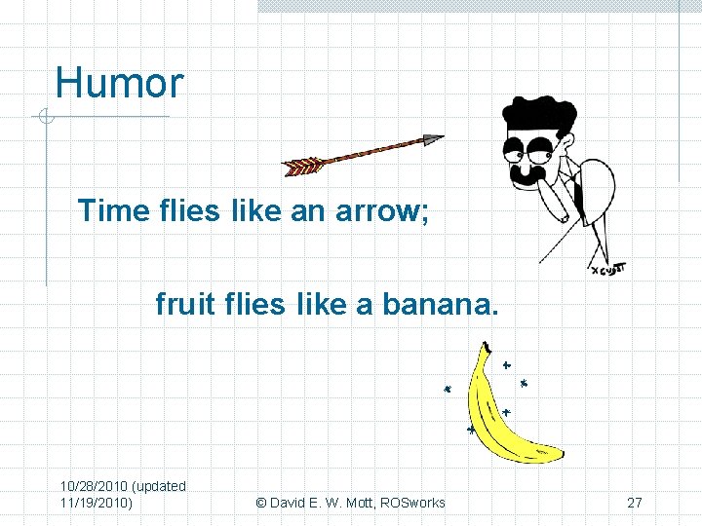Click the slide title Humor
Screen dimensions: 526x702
[x=119, y=83]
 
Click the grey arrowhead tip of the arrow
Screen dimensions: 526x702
[x=433, y=140]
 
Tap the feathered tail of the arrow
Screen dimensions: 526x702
[x=302, y=166]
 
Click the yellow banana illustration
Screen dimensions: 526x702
[x=502, y=419]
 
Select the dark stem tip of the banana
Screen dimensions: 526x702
[x=485, y=347]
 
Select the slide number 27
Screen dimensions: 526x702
[x=635, y=503]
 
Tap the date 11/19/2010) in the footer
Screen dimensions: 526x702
[x=97, y=503]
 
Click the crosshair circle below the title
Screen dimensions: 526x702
[x=44, y=118]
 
